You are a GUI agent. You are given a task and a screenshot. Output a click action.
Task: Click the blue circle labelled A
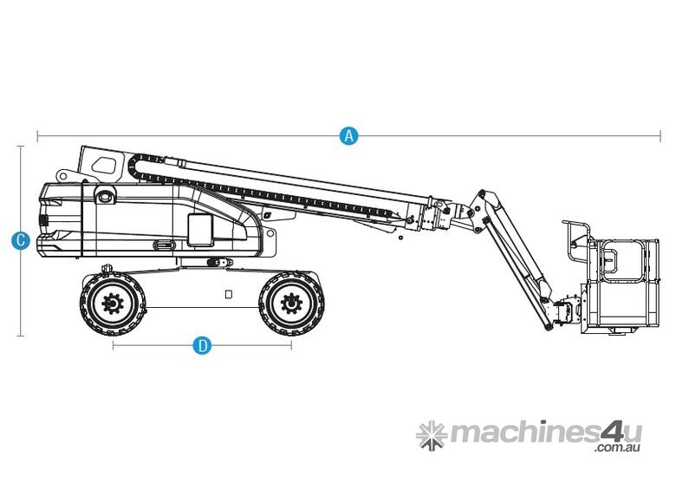coord(348,136)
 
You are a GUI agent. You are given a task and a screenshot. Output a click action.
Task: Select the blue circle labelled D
coord(202,346)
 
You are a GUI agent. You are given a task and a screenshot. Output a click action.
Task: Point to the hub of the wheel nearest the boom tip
coord(290,304)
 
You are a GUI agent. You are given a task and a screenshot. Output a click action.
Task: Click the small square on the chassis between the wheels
coord(228,294)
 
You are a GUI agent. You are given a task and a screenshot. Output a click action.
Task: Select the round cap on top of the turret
coord(107,197)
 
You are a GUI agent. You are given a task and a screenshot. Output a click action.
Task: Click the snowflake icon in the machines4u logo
coord(431,433)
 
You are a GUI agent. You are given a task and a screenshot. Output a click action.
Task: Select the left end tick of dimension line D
coord(113,346)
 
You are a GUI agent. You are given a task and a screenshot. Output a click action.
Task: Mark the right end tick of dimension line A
coord(660,136)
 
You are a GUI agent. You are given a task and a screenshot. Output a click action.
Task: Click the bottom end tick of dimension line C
coord(22,336)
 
